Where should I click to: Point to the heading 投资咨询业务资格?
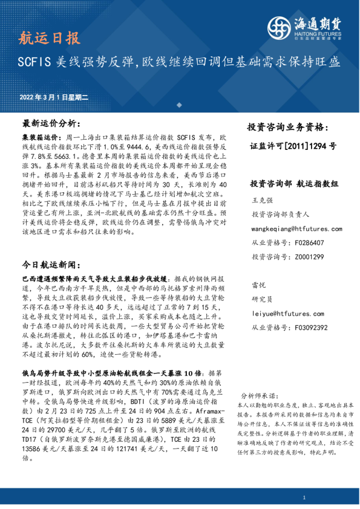click(x=287, y=128)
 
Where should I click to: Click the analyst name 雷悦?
click(x=257, y=285)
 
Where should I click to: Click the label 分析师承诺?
click(x=257, y=394)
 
